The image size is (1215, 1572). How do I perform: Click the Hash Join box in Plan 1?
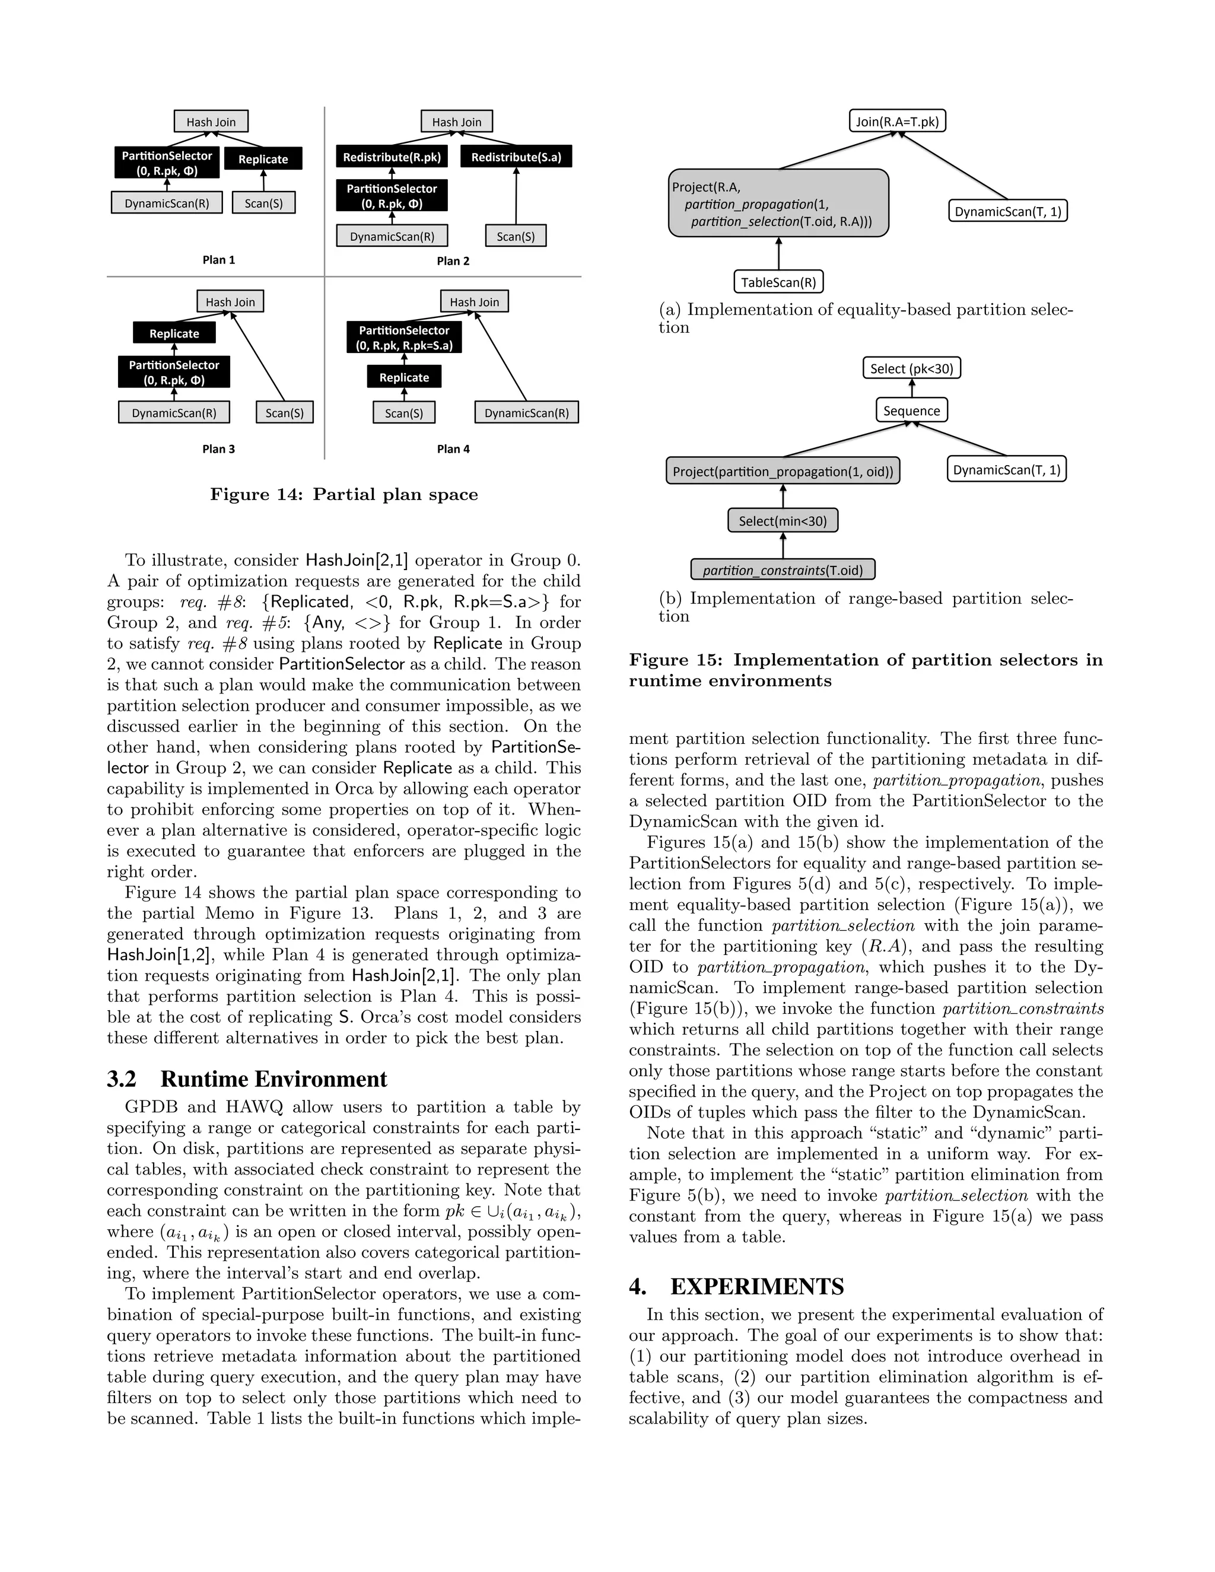tap(211, 122)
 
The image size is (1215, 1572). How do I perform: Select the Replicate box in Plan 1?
tap(263, 159)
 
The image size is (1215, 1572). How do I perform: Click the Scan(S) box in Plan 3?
tap(284, 412)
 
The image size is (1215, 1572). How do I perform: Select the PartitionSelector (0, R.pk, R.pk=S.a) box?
tap(404, 338)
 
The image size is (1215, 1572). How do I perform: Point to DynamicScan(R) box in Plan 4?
tap(526, 412)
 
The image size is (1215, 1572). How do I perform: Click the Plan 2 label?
tap(453, 260)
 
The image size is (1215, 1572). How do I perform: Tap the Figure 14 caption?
tap(343, 495)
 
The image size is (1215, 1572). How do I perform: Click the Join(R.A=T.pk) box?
tap(897, 121)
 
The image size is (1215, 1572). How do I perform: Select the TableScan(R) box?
tap(778, 282)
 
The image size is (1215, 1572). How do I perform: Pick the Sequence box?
tap(911, 410)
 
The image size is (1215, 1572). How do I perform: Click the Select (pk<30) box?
tap(911, 368)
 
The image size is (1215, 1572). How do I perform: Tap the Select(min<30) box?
tap(783, 520)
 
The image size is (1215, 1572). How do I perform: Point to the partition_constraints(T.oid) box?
tap(783, 570)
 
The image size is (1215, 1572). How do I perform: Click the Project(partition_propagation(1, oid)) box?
tap(783, 472)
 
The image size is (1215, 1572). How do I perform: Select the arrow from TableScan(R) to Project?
tap(778, 253)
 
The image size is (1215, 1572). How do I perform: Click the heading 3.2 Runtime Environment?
tap(247, 1079)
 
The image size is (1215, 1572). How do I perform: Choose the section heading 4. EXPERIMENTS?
tap(736, 1286)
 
